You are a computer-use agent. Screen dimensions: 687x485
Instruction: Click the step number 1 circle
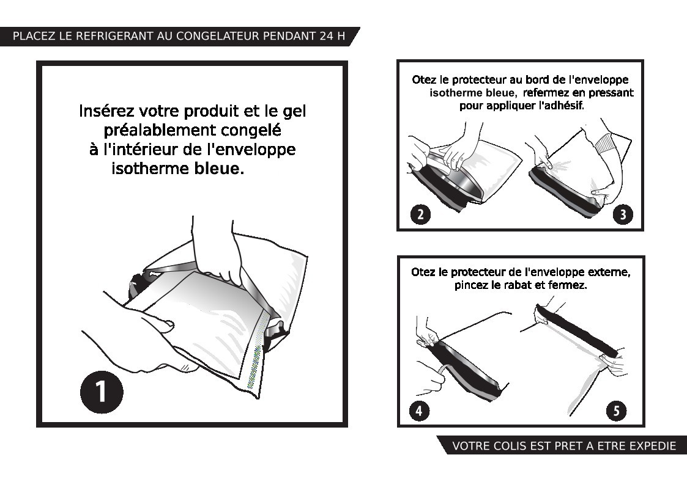[102, 392]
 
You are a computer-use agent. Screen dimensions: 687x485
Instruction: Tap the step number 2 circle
[421, 214]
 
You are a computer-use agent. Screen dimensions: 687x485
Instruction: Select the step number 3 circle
[623, 214]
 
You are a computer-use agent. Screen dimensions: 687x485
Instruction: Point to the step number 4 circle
[419, 411]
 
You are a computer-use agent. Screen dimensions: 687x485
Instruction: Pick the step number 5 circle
[616, 411]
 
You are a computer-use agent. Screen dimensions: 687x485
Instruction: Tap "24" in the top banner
[327, 36]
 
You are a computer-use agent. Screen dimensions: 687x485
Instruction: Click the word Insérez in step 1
[106, 111]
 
